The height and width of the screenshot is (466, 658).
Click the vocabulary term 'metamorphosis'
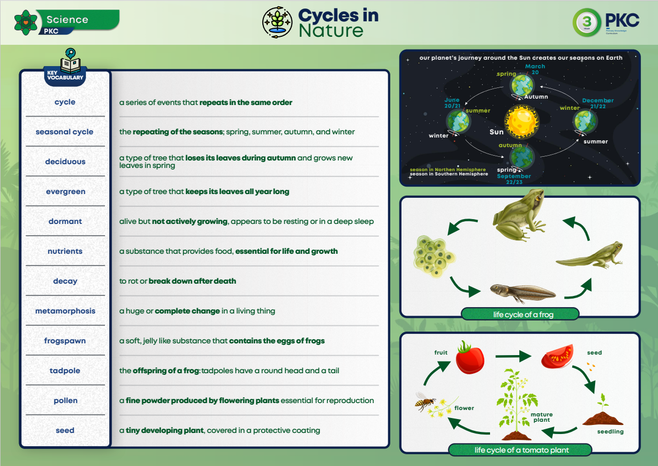coord(65,311)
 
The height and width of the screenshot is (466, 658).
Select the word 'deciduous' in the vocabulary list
coord(65,162)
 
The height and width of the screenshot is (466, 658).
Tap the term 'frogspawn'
coord(65,341)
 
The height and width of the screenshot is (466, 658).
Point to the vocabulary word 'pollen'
coord(66,400)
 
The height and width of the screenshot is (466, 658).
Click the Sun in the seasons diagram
coord(521,122)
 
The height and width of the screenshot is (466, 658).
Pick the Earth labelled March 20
coord(521,86)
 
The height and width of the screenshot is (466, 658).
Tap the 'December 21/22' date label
coord(598,103)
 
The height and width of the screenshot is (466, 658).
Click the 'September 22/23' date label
coord(514,179)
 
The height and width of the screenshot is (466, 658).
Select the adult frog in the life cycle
coord(519,215)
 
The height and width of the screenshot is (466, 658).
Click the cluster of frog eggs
coord(434,256)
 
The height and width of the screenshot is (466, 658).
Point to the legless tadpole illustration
coord(523,293)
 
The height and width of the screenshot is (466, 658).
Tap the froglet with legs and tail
coord(590,255)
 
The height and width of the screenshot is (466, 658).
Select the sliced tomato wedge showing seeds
coord(558,356)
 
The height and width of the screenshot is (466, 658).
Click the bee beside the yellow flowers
coord(425,401)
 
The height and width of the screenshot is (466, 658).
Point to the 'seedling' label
coord(610,431)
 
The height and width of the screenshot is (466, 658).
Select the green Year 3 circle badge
coord(587,22)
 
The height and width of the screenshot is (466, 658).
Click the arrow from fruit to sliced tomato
coord(513,356)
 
